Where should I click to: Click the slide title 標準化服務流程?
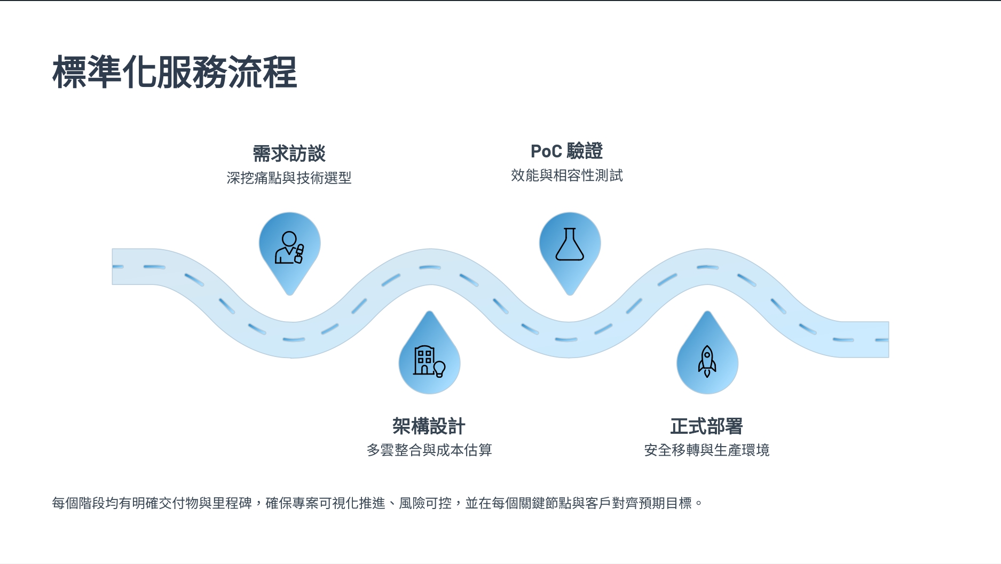click(175, 72)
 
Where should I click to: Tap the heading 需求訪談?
click(289, 154)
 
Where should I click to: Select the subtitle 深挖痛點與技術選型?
click(289, 178)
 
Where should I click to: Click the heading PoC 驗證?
click(566, 152)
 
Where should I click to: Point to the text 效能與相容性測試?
click(566, 175)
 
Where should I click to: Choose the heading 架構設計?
click(429, 426)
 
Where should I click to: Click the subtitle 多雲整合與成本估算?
click(429, 450)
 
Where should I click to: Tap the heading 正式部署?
click(706, 426)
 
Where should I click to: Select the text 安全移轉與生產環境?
click(706, 450)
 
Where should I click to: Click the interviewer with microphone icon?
click(289, 248)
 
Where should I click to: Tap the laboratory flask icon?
click(570, 245)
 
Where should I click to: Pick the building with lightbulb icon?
click(429, 361)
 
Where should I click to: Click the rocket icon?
click(707, 361)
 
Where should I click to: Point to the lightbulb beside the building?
click(439, 369)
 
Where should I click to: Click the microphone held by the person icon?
click(299, 253)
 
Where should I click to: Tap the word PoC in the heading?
click(546, 152)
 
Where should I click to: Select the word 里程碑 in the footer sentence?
click(232, 503)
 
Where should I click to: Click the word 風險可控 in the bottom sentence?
click(425, 503)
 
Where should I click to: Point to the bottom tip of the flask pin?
click(570, 293)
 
